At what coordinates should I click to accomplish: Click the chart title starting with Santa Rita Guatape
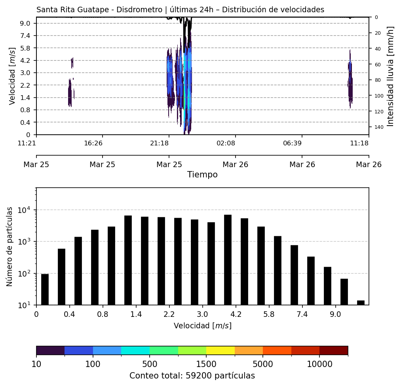pos(180,10)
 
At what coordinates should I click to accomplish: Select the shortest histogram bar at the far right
pos(361,303)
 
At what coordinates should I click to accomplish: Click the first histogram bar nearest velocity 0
pos(45,289)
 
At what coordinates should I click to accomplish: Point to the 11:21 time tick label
pos(27,143)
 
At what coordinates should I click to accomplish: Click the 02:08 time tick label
pos(226,143)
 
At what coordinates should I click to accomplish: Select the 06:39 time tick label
pos(293,143)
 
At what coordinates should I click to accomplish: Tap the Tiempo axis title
pos(202,175)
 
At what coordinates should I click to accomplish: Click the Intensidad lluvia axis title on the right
pos(390,76)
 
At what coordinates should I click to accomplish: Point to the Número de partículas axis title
pos(10,247)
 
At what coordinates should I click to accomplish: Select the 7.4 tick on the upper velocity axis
pos(25,36)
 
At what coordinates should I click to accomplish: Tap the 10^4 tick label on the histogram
pos(25,210)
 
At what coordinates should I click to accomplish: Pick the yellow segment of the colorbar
pos(220,350)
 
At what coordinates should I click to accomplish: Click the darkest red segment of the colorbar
pos(334,350)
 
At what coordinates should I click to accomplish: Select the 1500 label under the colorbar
pos(206,364)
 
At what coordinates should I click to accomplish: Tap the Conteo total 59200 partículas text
pos(192,376)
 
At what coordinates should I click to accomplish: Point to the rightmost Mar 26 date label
pos(369,164)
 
